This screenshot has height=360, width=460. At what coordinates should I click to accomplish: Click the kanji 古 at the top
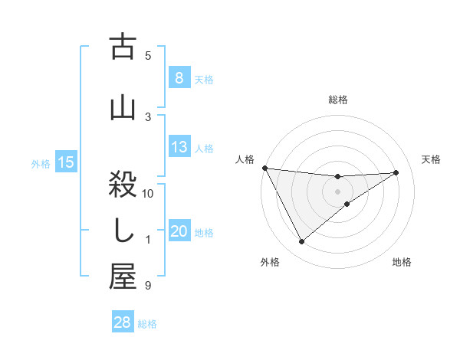[123, 47]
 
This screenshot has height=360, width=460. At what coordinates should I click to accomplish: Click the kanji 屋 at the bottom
[123, 277]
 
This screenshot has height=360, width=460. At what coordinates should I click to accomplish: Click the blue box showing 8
[179, 78]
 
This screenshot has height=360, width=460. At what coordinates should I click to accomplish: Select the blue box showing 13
[179, 147]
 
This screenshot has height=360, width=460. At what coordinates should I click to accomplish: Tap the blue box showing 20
[179, 232]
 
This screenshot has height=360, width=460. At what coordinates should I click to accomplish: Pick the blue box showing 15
[66, 162]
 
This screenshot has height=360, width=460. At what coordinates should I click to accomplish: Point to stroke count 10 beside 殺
[148, 194]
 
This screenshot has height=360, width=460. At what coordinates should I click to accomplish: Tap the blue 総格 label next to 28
[147, 324]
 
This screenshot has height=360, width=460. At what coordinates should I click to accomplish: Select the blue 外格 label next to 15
[40, 163]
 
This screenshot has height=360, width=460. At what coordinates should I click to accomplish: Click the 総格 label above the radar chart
[338, 100]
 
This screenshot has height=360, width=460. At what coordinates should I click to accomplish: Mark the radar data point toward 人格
[264, 168]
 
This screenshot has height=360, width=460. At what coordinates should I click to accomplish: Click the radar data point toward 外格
[301, 242]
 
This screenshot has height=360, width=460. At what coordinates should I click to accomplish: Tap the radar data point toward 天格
[396, 172]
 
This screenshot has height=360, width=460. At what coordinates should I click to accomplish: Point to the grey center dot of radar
[338, 191]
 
